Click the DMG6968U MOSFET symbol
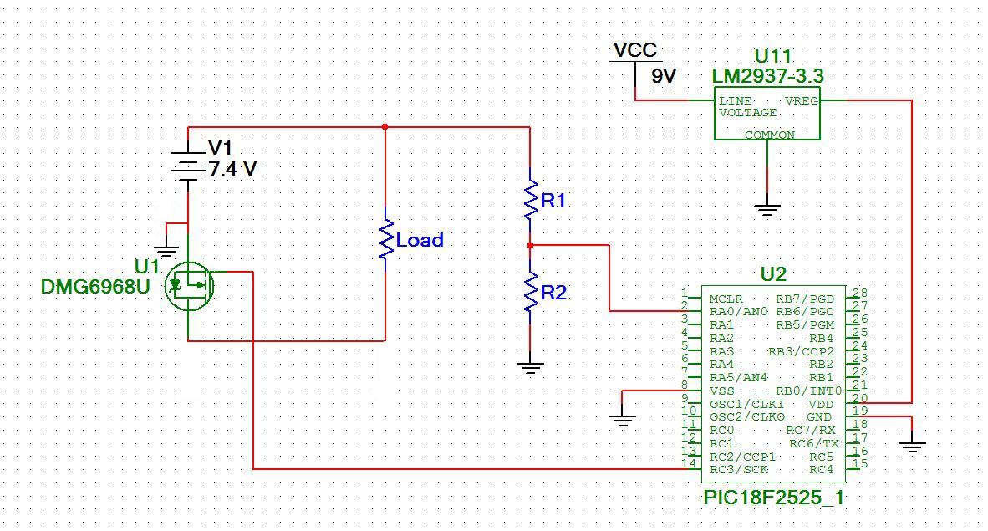point(188,286)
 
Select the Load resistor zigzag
point(385,240)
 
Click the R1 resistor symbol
point(531,199)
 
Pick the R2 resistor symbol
point(531,291)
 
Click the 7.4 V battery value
point(232,169)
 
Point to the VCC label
point(634,50)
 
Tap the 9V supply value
point(663,76)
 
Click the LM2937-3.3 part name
point(767,76)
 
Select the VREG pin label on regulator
point(801,101)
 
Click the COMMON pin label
point(769,135)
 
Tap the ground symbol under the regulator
point(766,210)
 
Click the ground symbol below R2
point(530,369)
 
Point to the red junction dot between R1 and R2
point(531,245)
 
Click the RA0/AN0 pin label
point(738,312)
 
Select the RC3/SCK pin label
point(738,470)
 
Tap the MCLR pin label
point(726,299)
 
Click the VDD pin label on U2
point(821,404)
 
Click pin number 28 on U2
point(859,293)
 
